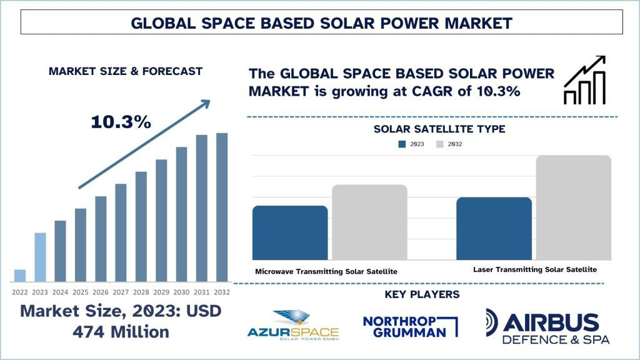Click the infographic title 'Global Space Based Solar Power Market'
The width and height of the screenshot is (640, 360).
(x=321, y=23)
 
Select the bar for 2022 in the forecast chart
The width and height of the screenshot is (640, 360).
(x=20, y=276)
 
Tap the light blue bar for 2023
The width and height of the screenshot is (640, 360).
(x=40, y=257)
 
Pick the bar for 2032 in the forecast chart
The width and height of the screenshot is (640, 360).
(x=222, y=207)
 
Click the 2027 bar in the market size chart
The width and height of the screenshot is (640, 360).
(x=121, y=232)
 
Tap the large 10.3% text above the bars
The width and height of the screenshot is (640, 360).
(x=121, y=122)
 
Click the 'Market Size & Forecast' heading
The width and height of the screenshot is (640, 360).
(x=126, y=71)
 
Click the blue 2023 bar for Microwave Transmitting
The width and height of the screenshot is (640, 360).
(x=290, y=232)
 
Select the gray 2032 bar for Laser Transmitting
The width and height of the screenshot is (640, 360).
(x=573, y=207)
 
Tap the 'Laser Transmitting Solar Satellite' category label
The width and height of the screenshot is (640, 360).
(x=534, y=269)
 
